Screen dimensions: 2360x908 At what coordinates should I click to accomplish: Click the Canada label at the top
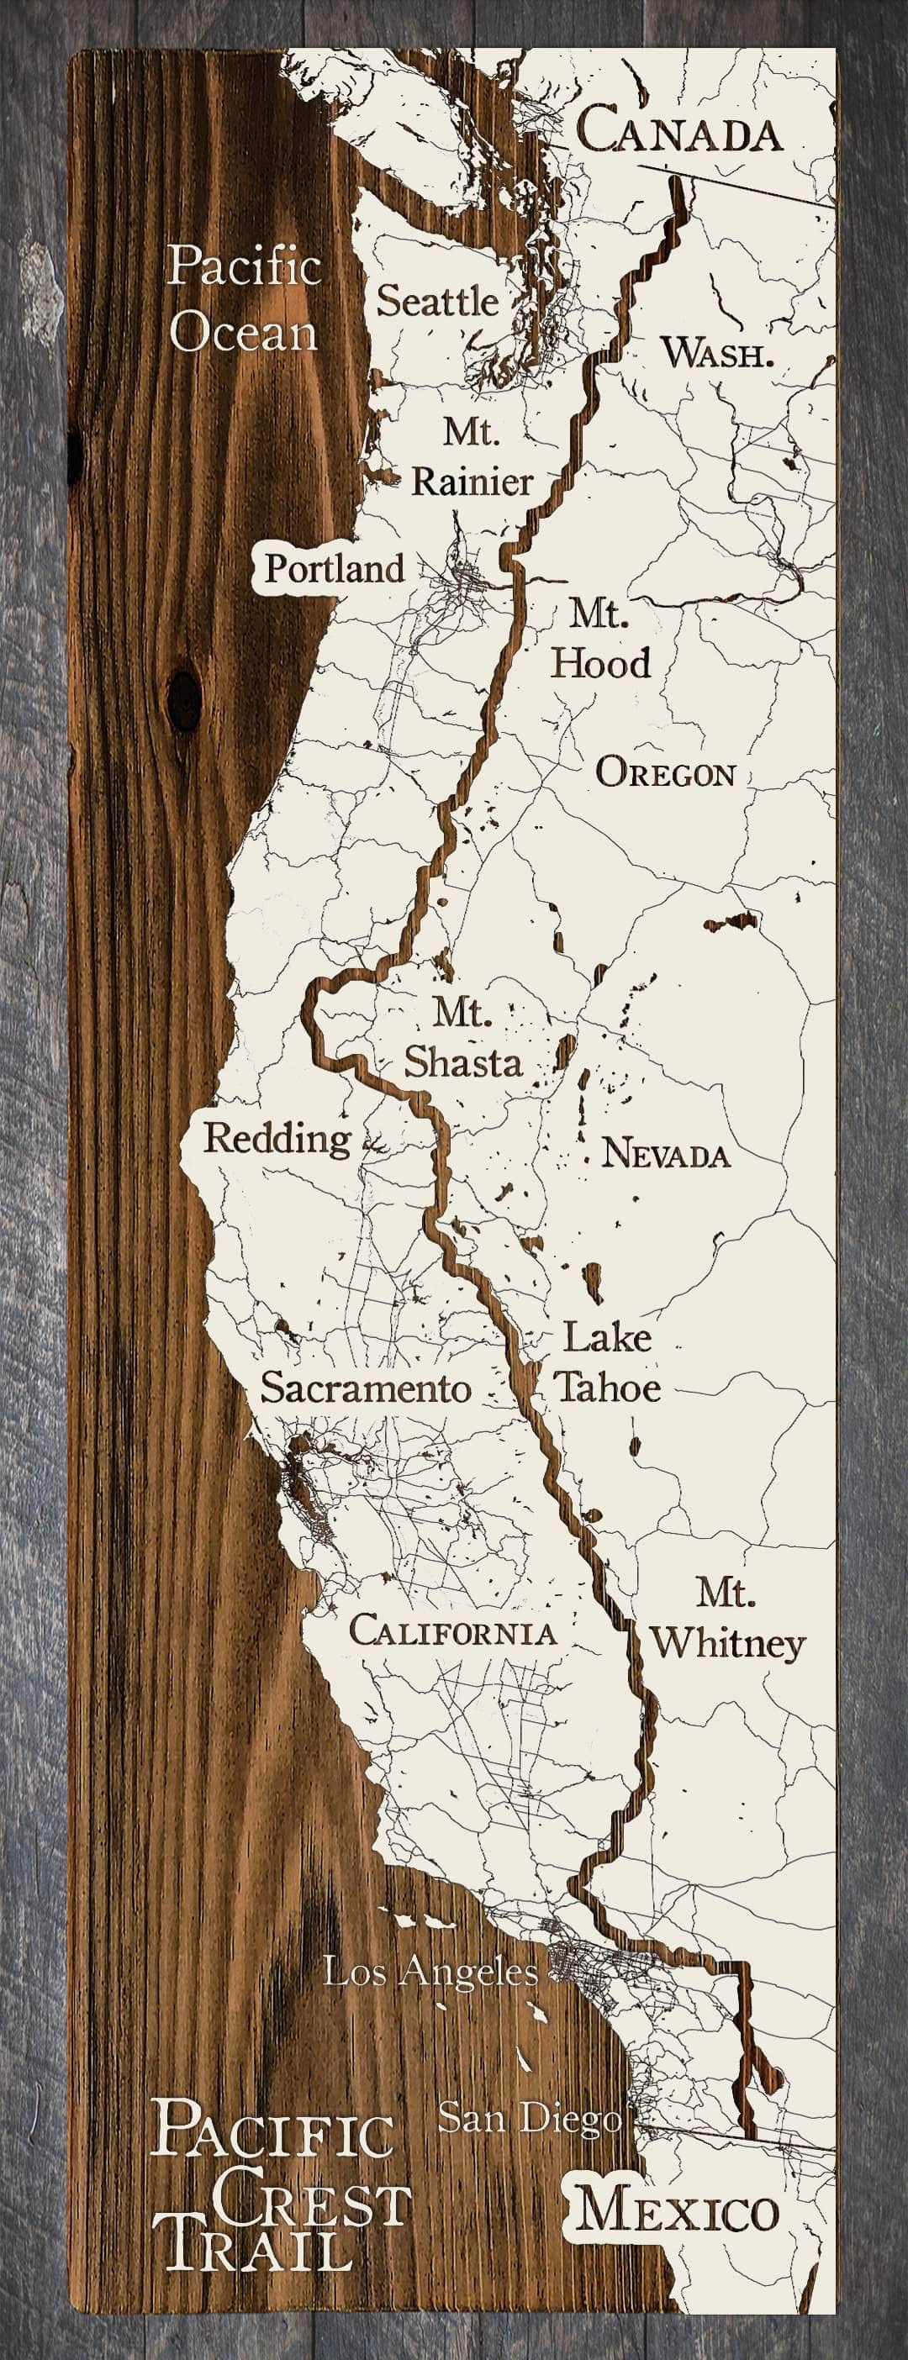680,130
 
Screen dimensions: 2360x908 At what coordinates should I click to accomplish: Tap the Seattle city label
438,301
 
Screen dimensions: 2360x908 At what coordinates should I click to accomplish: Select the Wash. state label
717,353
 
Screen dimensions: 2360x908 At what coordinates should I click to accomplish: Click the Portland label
335,569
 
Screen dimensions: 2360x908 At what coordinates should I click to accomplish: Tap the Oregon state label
666,773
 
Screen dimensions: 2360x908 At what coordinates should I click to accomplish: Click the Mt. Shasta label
463,1038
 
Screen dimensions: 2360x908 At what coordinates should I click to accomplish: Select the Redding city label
277,1138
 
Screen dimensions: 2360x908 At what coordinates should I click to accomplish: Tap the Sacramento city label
366,1387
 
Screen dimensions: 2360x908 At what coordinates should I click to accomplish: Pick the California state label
452,1630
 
